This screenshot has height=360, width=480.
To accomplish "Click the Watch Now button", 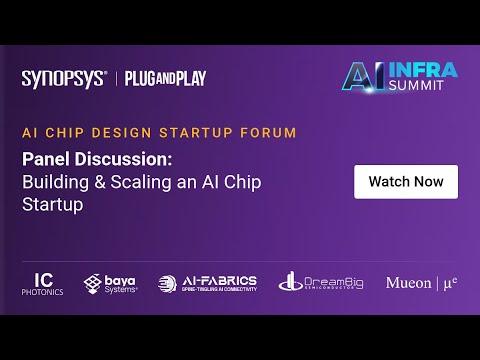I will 406,182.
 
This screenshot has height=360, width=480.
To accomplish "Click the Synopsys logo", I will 64,79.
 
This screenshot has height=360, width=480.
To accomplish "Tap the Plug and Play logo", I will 165,79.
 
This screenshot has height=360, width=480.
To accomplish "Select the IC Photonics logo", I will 43,283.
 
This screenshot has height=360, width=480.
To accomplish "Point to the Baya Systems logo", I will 111,283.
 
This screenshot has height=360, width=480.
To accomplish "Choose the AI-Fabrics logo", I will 207,283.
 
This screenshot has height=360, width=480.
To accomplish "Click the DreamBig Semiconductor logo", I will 321,283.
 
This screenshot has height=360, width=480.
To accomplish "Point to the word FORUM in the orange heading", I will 272,132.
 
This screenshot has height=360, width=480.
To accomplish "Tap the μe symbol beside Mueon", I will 450,283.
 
